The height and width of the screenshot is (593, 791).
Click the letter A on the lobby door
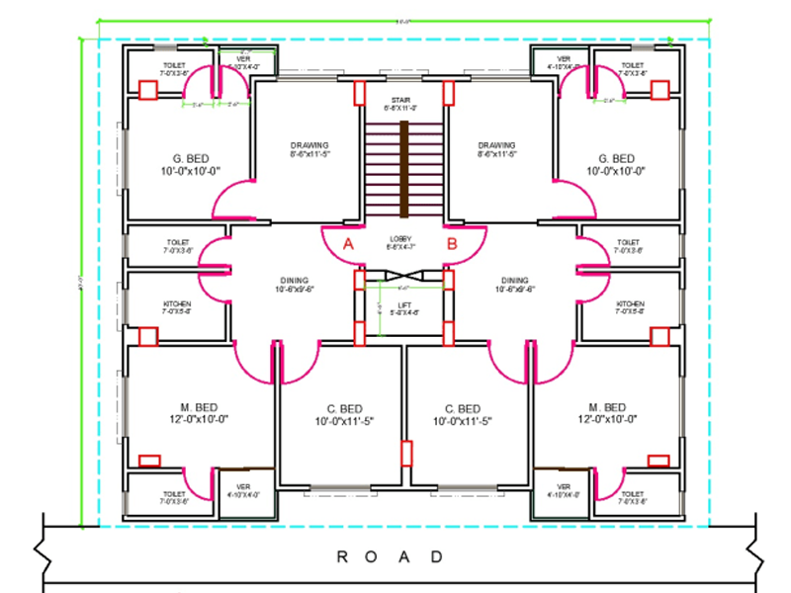point(348,243)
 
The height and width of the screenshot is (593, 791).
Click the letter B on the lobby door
point(451,243)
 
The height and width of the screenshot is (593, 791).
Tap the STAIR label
point(400,100)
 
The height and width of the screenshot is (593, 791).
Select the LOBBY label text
point(400,239)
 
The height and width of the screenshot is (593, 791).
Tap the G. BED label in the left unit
point(189,159)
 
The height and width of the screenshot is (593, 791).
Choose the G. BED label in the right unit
point(616,159)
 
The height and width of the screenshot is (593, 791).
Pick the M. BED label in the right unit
point(606,408)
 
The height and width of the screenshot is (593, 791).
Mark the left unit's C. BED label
point(344,409)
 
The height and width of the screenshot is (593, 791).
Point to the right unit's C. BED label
point(462,409)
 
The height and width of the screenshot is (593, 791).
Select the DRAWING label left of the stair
point(309,145)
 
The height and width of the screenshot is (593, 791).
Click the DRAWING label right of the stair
point(496,145)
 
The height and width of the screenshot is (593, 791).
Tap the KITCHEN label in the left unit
point(177,303)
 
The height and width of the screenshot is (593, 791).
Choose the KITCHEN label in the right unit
point(630,303)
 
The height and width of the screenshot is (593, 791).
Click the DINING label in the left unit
point(294,281)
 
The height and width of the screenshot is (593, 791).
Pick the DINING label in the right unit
point(515,281)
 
